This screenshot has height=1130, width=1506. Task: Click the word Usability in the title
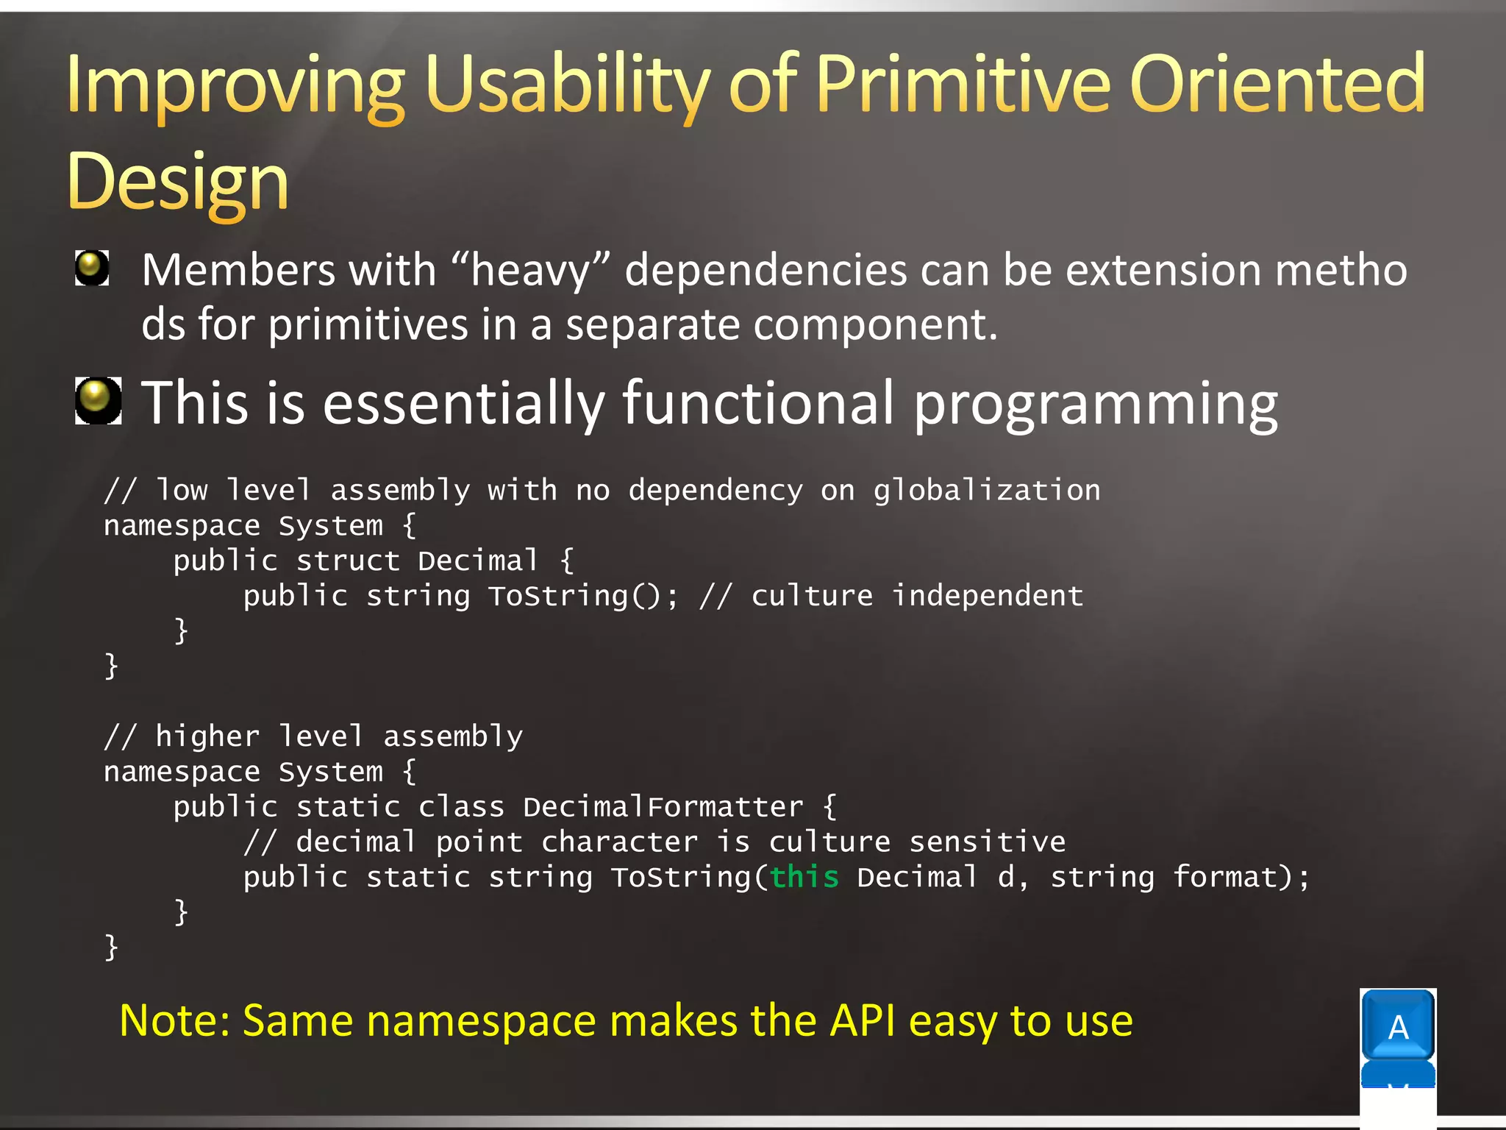point(566,85)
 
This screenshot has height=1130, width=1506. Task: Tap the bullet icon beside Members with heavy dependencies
point(92,268)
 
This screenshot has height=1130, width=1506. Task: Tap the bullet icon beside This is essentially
point(98,401)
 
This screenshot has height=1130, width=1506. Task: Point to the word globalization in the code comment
point(986,491)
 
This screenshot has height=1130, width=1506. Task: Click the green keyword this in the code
point(804,877)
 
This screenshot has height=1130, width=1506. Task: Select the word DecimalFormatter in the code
point(663,807)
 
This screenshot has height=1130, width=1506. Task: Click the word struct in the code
point(348,561)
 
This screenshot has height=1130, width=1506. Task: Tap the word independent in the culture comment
point(987,596)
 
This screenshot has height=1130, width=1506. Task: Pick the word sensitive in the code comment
point(987,842)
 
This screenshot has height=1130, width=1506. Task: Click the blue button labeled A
point(1397,1026)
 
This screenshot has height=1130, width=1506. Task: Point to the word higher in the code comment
point(207,736)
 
